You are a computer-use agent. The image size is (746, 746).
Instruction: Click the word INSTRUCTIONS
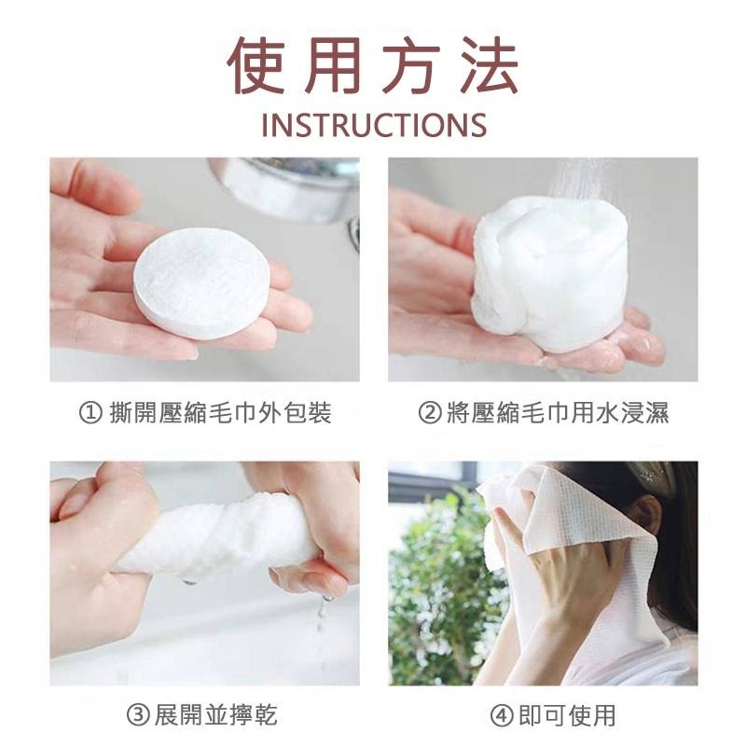click(374, 125)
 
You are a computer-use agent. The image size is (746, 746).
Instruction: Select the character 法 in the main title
click(490, 64)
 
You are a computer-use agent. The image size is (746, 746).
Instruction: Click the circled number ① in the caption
click(90, 412)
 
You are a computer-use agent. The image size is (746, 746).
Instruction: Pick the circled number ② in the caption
click(430, 412)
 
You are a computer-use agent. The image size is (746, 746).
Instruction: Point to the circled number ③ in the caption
click(138, 715)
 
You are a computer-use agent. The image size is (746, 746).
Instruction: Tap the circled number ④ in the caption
click(502, 715)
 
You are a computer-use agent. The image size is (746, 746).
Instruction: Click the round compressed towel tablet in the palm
click(201, 283)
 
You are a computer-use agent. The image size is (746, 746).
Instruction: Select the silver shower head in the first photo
click(285, 188)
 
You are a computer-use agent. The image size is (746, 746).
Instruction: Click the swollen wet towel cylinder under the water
click(549, 273)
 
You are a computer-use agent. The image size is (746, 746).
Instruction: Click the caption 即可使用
click(567, 715)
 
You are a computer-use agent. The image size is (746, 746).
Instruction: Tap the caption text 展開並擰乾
click(216, 715)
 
